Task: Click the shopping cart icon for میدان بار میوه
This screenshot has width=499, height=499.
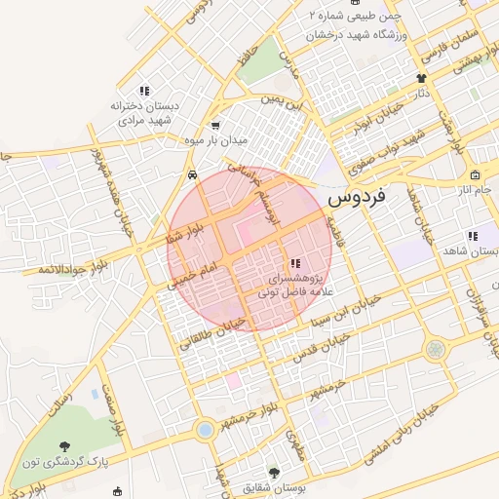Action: click(x=215, y=126)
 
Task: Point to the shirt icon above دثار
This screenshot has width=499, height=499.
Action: click(x=421, y=78)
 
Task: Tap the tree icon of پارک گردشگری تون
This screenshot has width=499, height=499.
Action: click(x=65, y=445)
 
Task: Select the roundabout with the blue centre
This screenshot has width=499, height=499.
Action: click(x=205, y=429)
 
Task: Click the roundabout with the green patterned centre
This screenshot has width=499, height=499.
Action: click(x=435, y=348)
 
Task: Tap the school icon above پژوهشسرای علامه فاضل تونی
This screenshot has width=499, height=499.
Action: click(x=294, y=263)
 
